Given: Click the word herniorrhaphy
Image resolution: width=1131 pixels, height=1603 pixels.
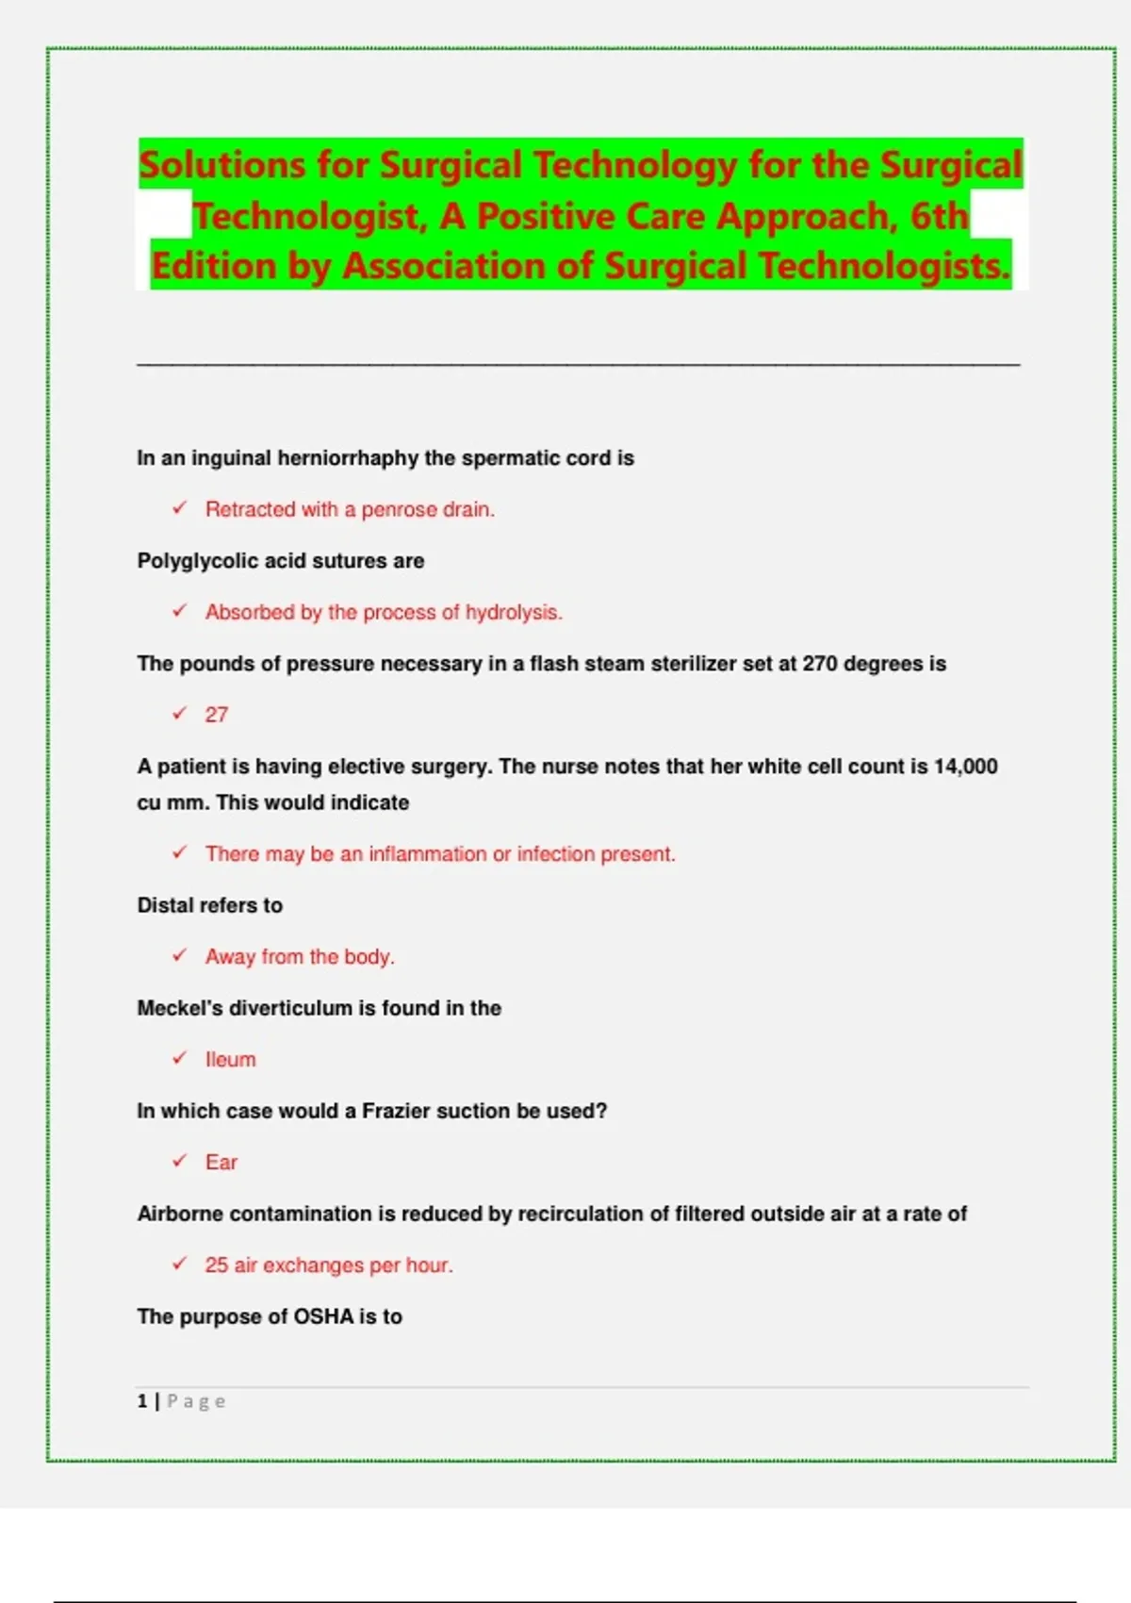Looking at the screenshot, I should pos(348,458).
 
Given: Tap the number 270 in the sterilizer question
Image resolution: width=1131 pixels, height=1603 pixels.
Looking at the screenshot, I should pos(820,664).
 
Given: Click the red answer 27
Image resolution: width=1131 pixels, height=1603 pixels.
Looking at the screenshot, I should pos(217,715).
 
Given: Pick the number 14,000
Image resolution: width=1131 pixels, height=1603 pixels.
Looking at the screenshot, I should pos(965,767).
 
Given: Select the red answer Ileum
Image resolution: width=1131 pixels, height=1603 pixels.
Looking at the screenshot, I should pos(230,1060).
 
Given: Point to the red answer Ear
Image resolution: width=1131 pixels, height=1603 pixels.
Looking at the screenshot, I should pos(221,1163).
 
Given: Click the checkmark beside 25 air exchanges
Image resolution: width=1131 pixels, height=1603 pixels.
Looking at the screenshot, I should pos(180,1264).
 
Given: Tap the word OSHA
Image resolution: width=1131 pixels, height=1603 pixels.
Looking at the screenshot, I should pos(323,1316).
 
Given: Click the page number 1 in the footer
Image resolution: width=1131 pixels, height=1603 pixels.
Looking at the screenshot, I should pos(142,1401).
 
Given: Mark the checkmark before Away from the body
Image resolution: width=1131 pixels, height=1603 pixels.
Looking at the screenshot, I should pos(180,955).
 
